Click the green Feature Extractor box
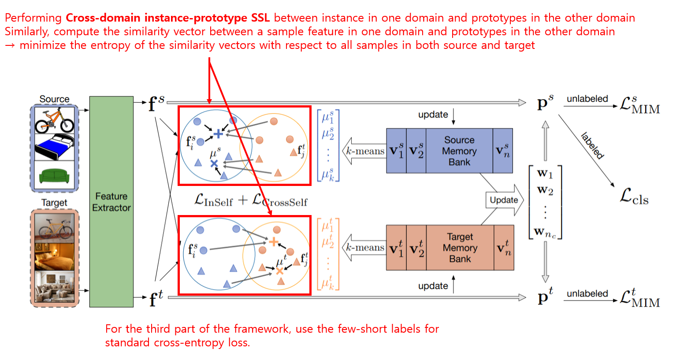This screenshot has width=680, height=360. (x=111, y=201)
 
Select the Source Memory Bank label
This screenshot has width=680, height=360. (x=459, y=151)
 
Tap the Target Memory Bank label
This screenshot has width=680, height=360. (x=460, y=248)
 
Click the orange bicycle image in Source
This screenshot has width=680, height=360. (x=54, y=120)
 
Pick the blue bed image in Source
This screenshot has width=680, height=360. (x=54, y=147)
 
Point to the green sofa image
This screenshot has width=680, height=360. (x=54, y=176)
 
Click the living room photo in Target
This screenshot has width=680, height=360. (x=54, y=286)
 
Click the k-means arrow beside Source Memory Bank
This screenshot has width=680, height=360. (x=364, y=151)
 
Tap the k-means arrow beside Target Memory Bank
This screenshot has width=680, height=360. (x=364, y=248)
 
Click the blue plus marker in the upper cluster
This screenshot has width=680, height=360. (x=218, y=134)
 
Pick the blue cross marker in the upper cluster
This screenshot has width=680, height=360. (x=214, y=163)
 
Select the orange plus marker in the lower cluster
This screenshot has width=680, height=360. (x=274, y=241)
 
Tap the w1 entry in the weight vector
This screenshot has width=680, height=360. (x=545, y=174)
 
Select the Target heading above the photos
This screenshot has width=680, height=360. (x=54, y=203)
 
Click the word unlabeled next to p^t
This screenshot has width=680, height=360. (x=587, y=293)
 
